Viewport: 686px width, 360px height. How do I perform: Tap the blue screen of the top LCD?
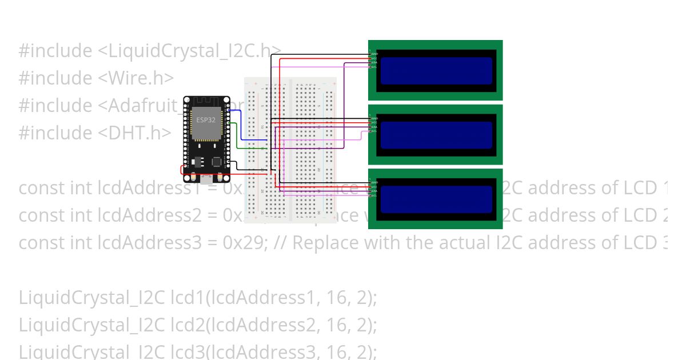point(436,70)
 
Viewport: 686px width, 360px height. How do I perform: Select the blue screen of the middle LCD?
point(436,135)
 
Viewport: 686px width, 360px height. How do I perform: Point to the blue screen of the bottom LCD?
point(436,199)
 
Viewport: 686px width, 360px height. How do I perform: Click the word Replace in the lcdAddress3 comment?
point(324,243)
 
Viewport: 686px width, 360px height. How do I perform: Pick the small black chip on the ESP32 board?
point(217,162)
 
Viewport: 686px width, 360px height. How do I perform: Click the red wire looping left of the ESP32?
point(182,170)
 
